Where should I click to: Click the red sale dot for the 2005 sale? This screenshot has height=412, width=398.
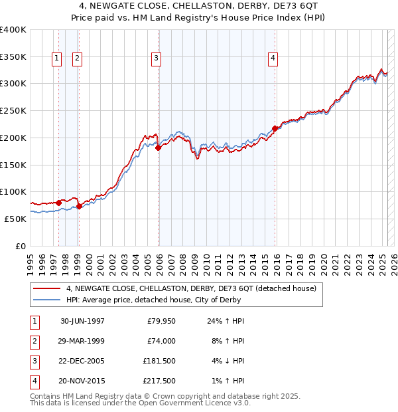point(159,148)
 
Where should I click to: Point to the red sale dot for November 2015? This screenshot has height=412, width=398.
point(275,128)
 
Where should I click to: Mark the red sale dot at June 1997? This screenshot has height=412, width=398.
point(59,203)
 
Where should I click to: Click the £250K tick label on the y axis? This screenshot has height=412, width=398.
point(13,110)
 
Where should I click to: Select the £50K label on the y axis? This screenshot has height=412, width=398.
point(15,219)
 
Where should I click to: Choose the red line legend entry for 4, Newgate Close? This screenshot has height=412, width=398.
point(192,288)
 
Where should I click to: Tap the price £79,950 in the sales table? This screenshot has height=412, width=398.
point(161,321)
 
